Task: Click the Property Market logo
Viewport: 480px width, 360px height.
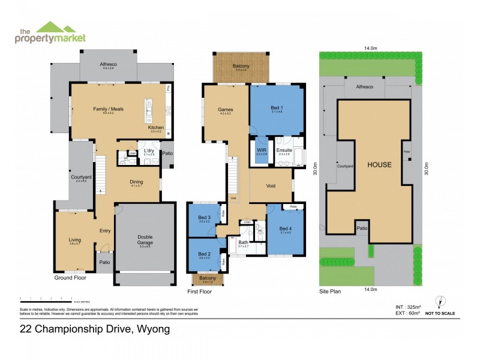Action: point(50,32)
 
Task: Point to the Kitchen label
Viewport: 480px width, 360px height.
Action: point(155,128)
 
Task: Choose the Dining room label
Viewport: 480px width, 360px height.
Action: point(136,182)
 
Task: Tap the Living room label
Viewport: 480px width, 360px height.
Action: point(74,240)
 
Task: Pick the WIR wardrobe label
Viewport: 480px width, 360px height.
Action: point(262,150)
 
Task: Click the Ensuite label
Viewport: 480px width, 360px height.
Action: point(284,150)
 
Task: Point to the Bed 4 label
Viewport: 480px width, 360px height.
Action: point(284,229)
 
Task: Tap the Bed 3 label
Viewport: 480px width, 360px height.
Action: point(205,217)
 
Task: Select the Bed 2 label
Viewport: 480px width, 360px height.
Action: point(205,253)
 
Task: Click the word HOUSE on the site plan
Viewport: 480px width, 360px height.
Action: point(379,165)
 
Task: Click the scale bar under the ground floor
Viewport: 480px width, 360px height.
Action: point(46,298)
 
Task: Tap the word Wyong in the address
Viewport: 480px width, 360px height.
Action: point(154,329)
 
